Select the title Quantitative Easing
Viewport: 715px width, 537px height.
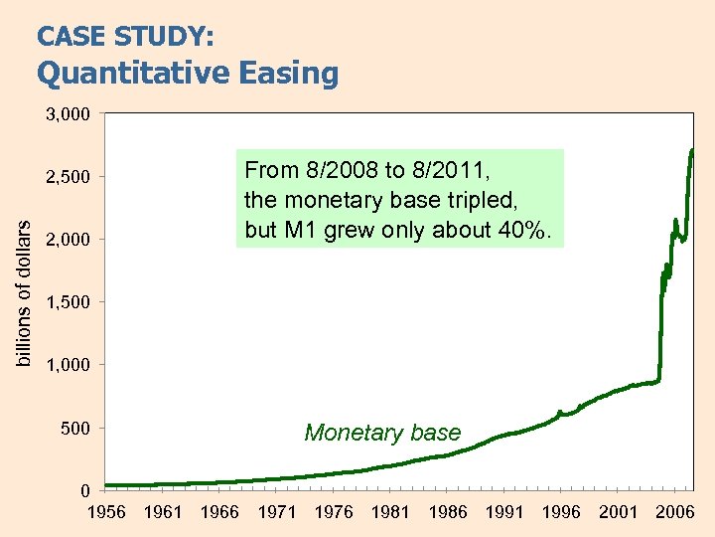point(188,73)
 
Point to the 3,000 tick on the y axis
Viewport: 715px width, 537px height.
point(68,114)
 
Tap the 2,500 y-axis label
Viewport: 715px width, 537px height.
point(68,177)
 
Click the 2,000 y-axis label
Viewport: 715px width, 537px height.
point(68,240)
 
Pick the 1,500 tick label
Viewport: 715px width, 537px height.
point(68,302)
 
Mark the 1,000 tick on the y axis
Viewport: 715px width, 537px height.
point(68,365)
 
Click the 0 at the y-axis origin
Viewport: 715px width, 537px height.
point(86,490)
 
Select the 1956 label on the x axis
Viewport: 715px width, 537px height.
point(106,512)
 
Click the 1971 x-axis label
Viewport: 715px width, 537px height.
point(277,512)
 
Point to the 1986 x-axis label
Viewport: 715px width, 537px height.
point(448,512)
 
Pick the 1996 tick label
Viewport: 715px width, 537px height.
point(561,512)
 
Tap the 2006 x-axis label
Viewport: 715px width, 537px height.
point(675,512)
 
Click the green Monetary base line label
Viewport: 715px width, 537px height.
point(382,433)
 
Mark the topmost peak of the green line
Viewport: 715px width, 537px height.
point(691,150)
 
